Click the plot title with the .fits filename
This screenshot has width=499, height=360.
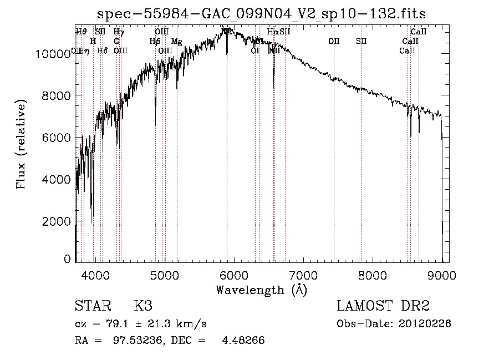(261, 13)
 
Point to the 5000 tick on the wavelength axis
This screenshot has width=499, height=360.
(164, 274)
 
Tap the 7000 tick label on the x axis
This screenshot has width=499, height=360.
(303, 274)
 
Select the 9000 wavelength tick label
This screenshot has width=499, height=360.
(441, 274)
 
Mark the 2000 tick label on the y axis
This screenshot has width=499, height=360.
(58, 221)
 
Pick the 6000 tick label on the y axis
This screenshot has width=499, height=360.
(58, 138)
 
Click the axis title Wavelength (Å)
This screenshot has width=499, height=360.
(261, 289)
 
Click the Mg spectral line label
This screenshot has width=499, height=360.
(176, 41)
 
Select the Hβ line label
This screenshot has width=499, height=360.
(155, 41)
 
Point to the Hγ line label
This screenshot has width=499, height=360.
(118, 32)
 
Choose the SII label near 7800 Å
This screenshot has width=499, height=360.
(361, 41)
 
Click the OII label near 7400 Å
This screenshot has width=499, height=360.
(334, 41)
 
